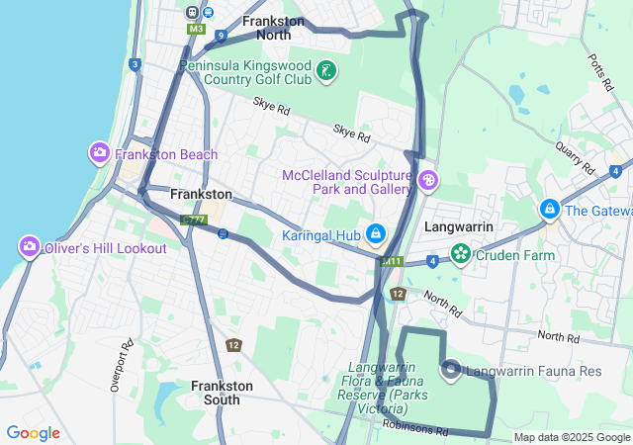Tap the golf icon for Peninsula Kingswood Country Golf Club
(x=326, y=71)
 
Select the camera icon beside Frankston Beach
(x=100, y=153)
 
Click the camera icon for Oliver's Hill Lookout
(x=30, y=246)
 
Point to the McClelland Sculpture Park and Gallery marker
(x=428, y=180)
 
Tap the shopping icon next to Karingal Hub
(x=376, y=233)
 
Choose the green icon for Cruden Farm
(x=460, y=254)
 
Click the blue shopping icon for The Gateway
(x=549, y=210)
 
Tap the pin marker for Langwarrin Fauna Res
(x=451, y=371)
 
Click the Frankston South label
(x=222, y=393)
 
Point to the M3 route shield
(x=196, y=30)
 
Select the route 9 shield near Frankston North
(x=220, y=36)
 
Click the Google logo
(x=33, y=433)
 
